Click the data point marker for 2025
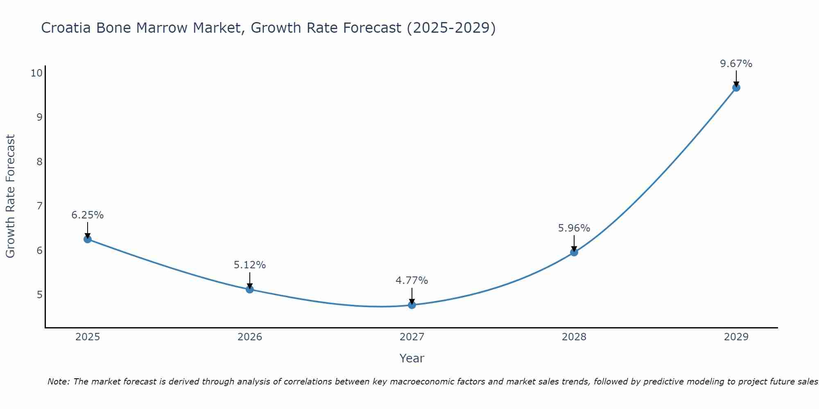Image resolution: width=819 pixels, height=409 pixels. tap(88, 239)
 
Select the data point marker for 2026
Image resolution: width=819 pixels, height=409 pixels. tap(250, 290)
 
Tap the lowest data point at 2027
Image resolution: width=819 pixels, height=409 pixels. tap(412, 305)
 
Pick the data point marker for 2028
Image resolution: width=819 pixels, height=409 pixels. tap(574, 252)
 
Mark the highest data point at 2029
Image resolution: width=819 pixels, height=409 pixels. tap(736, 88)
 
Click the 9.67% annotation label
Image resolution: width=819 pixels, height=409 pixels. tap(736, 64)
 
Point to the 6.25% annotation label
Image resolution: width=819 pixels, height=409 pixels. tap(88, 215)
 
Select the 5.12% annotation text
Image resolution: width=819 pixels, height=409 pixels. tap(250, 265)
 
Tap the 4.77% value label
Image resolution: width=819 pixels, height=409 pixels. tap(412, 281)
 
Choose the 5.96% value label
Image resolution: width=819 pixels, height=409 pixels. tap(574, 228)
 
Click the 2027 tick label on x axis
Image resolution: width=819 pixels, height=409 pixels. tap(412, 337)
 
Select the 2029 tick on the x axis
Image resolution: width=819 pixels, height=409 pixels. tap(736, 337)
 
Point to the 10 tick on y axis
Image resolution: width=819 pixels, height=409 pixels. tap(36, 73)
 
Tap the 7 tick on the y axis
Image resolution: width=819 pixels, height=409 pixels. tap(39, 206)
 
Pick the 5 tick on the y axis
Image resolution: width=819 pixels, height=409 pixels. tap(39, 294)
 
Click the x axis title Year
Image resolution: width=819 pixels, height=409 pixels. tap(412, 358)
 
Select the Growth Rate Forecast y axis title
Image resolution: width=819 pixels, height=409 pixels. tap(11, 196)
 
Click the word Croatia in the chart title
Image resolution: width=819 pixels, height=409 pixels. tap(67, 28)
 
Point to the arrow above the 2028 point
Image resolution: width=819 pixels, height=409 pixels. tap(574, 243)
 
